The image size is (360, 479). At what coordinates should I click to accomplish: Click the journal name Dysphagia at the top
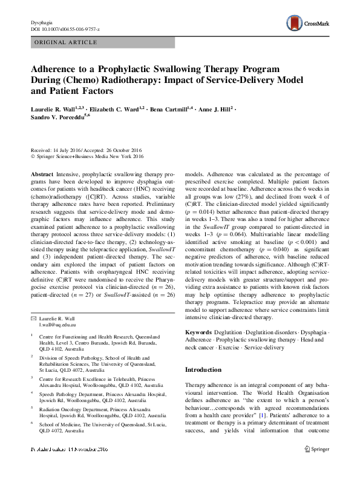[x=42, y=22]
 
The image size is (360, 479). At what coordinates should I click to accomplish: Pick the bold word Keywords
[x=198, y=333]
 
